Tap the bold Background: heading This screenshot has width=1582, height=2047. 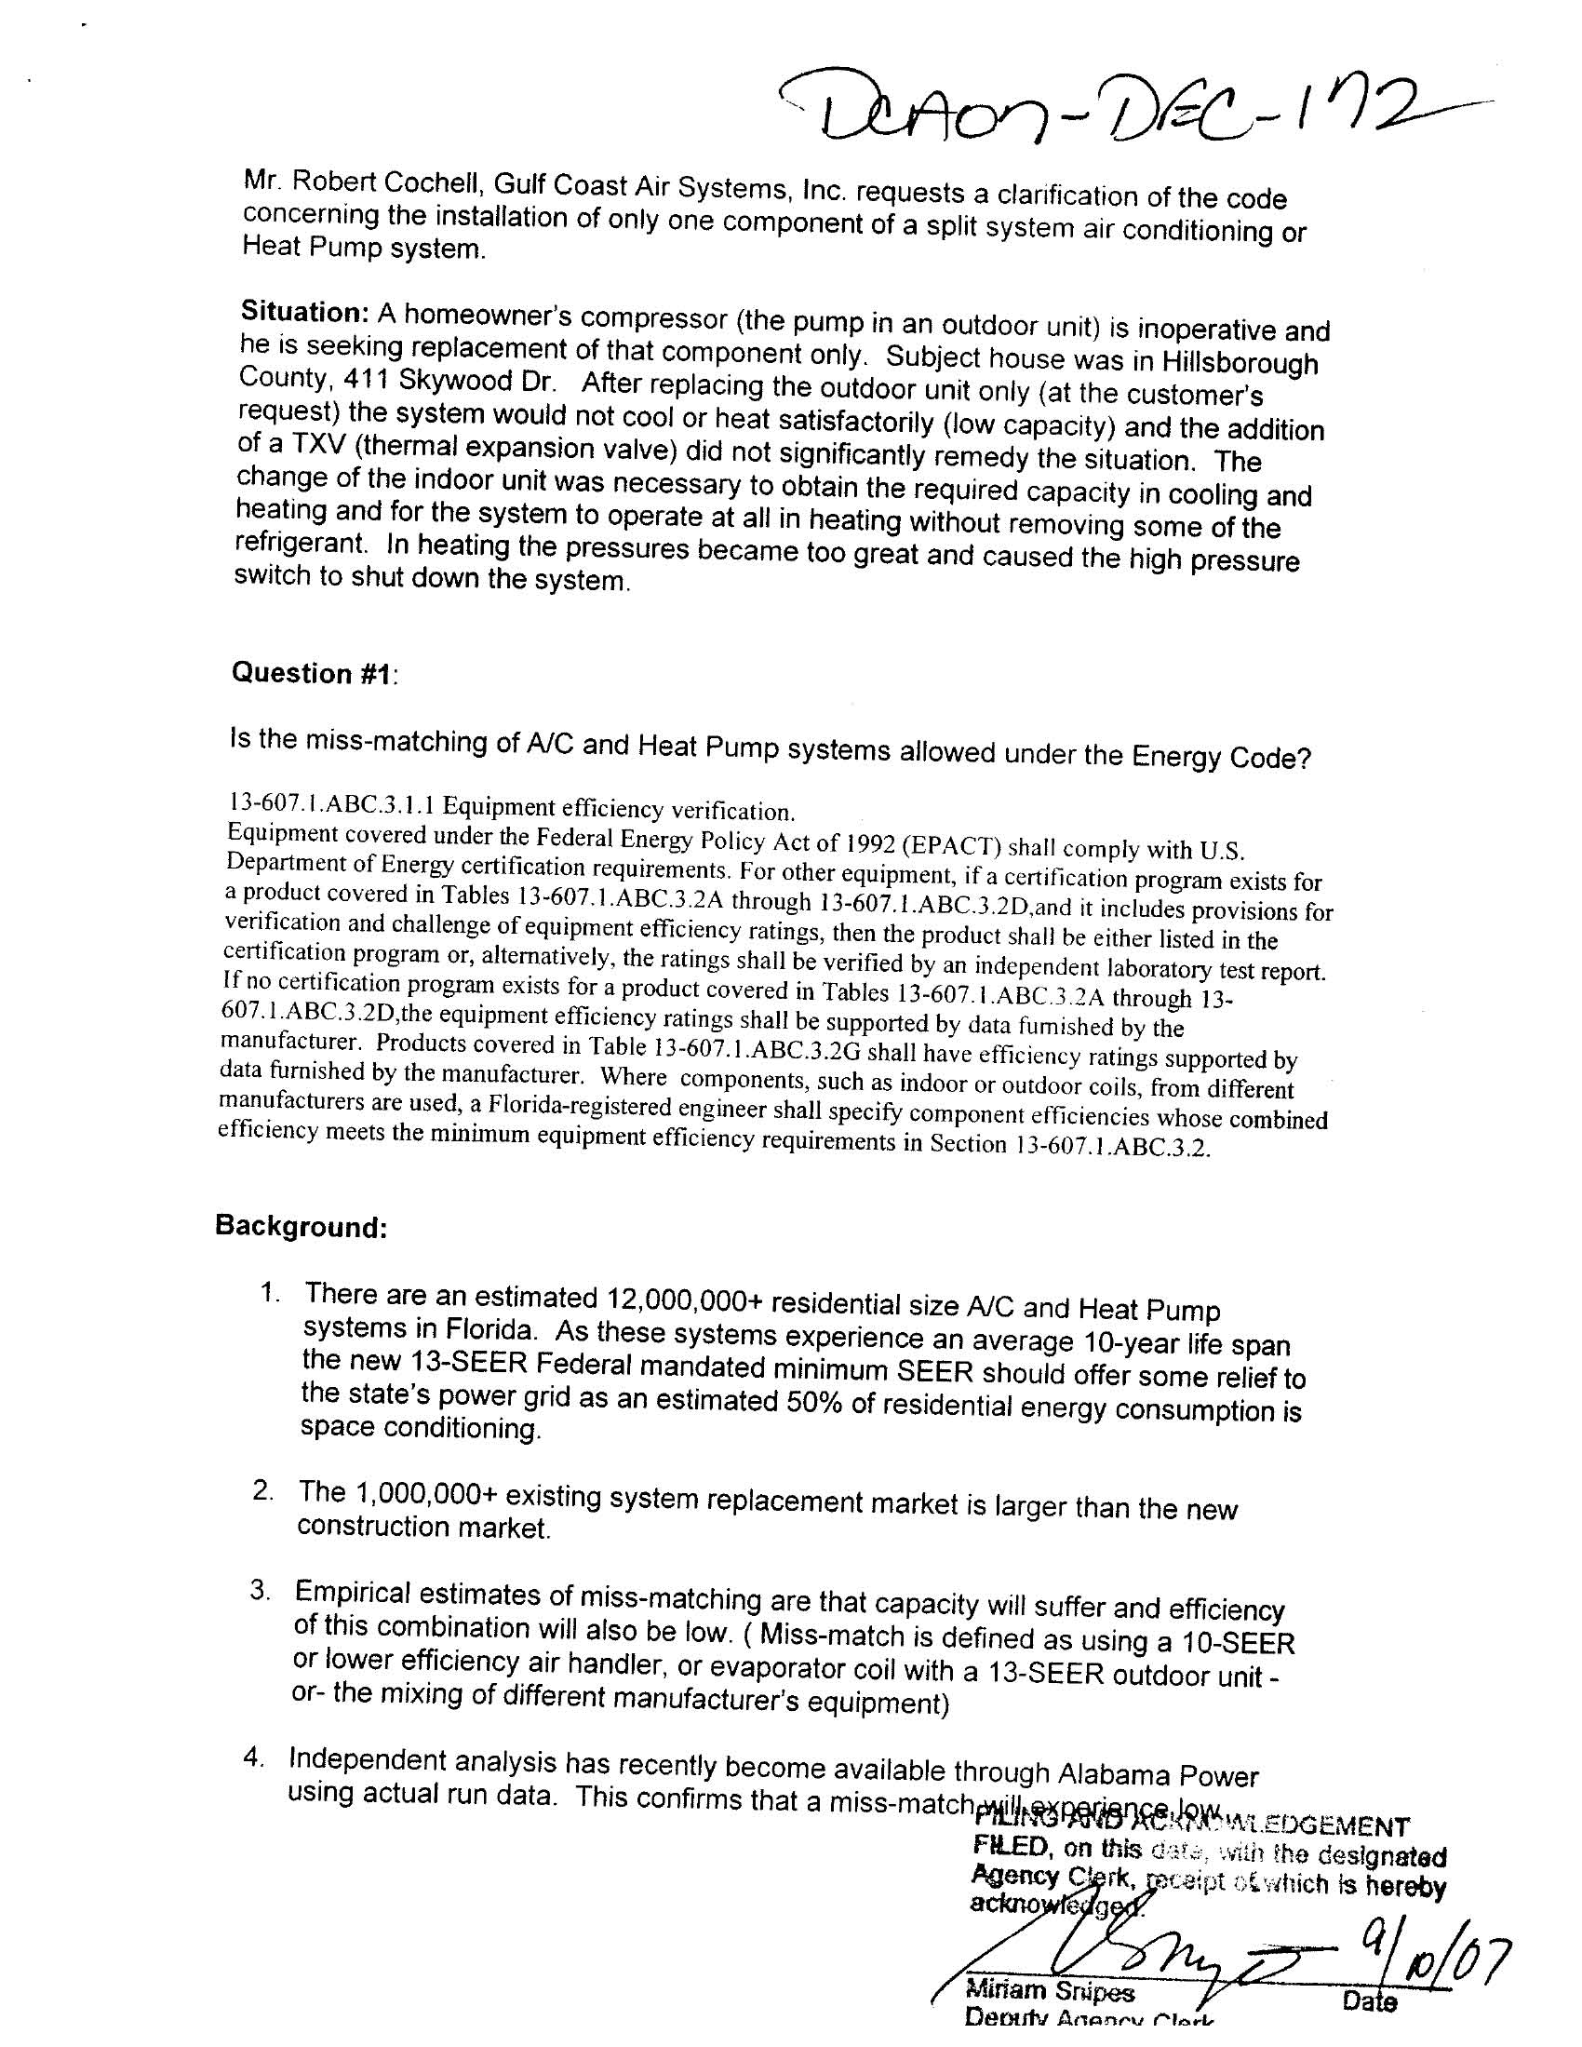[301, 1227]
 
